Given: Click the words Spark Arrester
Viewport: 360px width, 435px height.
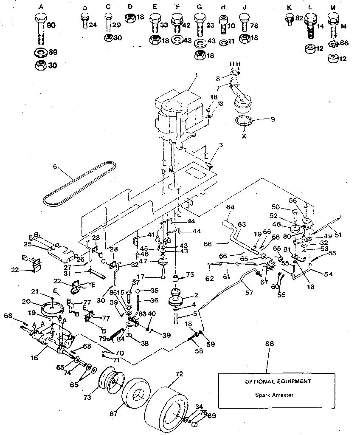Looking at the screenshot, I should [x=274, y=395].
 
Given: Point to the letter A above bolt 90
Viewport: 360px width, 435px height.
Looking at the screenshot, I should [x=41, y=7].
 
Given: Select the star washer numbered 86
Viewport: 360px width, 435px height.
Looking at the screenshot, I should [x=333, y=44].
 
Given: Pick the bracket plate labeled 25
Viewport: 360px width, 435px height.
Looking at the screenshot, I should [x=56, y=251].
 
